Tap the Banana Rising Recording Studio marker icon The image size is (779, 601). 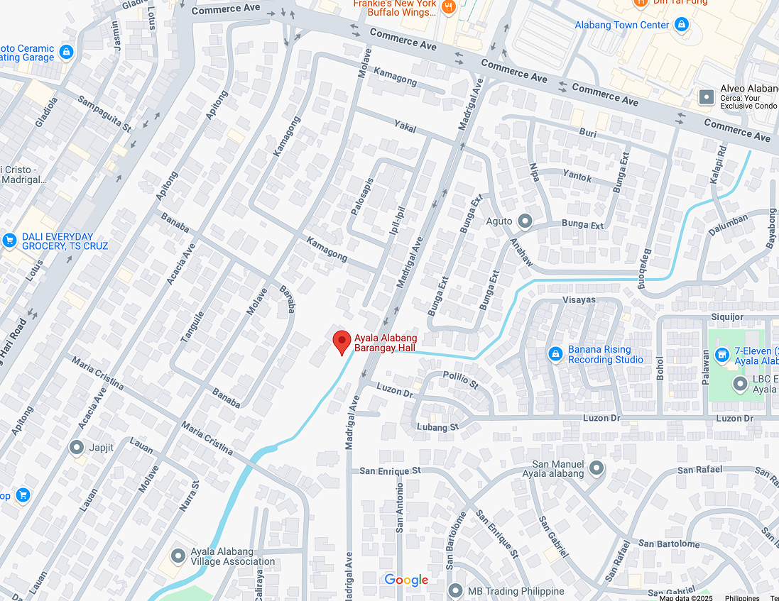[x=555, y=353]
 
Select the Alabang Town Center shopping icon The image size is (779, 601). [x=682, y=26]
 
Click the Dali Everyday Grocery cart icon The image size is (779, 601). [x=9, y=241]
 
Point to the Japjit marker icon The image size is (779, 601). [x=77, y=447]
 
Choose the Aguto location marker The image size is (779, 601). [x=525, y=221]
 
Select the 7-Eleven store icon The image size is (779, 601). [x=722, y=353]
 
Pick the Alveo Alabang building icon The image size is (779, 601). [x=707, y=97]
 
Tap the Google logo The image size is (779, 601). [x=406, y=580]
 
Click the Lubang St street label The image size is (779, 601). [x=438, y=427]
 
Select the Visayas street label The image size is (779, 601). [x=579, y=299]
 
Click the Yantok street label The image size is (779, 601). [x=577, y=176]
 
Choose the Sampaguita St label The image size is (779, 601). [x=105, y=114]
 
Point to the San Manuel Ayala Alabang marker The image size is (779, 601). [x=596, y=468]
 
